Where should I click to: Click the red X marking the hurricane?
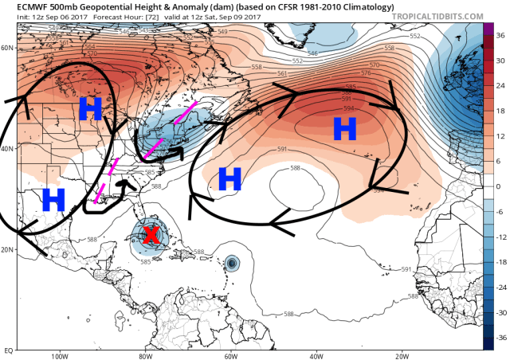(x=149, y=235)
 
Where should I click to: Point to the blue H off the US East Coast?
(x=229, y=178)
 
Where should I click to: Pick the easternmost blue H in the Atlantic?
(x=344, y=127)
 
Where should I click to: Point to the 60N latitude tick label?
(x=8, y=48)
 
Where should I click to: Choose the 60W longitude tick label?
(x=232, y=356)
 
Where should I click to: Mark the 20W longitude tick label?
(x=405, y=356)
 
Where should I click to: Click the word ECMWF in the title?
(x=19, y=6)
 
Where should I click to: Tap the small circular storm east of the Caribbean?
(x=232, y=261)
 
